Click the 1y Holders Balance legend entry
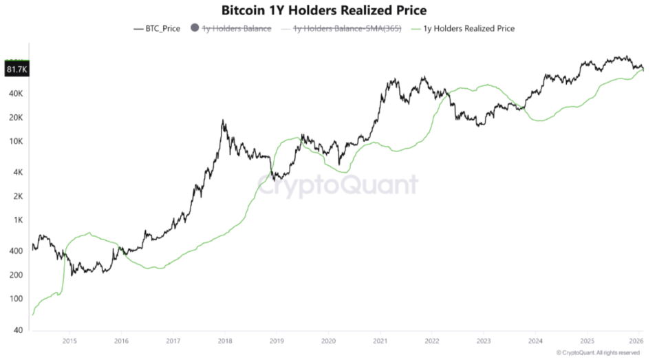coord(237,28)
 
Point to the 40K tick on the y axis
coord(17,93)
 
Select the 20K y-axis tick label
coord(17,118)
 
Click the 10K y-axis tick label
coord(17,142)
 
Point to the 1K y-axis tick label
coord(19,220)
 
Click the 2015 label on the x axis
coord(69,340)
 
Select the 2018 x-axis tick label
coord(225,340)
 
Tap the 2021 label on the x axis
coord(380,340)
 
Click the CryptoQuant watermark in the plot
coord(337,185)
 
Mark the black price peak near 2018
coord(223,120)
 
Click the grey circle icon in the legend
coord(194,28)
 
